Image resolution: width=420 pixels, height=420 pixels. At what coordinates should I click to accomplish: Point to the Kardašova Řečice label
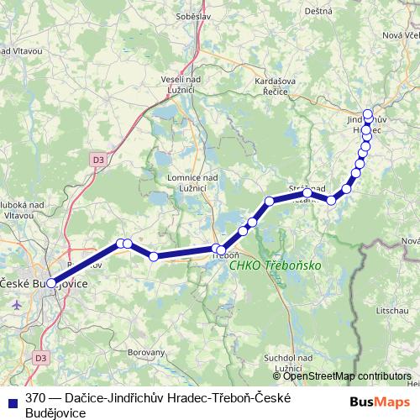pos(269,85)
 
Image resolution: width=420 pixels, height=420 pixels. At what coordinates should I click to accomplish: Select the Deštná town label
pos(319,10)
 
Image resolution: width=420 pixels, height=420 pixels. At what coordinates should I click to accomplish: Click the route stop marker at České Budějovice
pos(51,284)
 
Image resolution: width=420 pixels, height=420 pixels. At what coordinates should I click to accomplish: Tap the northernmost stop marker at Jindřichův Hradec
pos(368,114)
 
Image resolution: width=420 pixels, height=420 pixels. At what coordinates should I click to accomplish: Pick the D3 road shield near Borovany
pos(40,358)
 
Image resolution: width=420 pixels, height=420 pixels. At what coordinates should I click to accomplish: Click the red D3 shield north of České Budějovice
pos(99,158)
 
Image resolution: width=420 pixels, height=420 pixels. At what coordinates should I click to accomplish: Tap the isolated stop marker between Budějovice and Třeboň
pos(154,256)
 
